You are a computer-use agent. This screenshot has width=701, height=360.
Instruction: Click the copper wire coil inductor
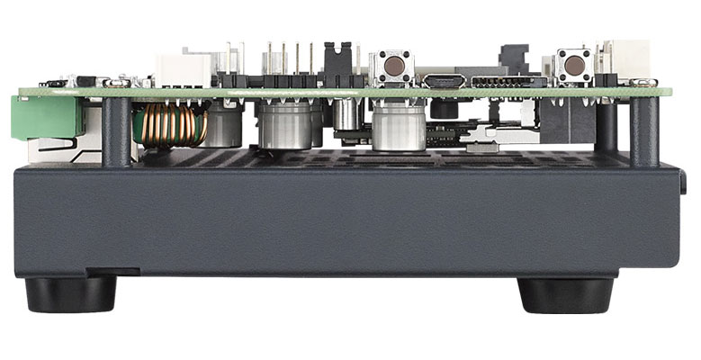pos(170,124)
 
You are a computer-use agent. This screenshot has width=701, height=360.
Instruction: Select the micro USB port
pos(445,82)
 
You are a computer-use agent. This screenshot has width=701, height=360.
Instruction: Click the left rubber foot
pos(69,293)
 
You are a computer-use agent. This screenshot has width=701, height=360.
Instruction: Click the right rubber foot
pos(566,293)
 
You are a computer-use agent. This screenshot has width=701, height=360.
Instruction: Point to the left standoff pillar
pos(116,130)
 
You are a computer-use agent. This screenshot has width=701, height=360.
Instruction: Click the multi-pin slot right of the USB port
pos(504,82)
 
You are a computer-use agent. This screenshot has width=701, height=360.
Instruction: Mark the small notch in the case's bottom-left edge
pos(116,270)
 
